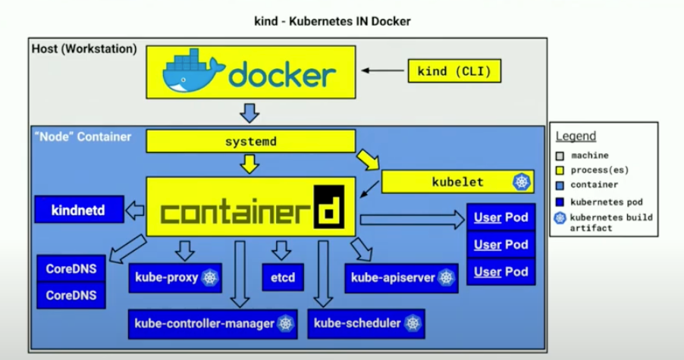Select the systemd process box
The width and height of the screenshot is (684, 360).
(x=250, y=142)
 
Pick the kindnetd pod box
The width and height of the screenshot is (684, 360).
(x=78, y=209)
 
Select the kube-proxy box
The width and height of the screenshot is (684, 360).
(x=175, y=278)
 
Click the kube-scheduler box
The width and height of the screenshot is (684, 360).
(x=366, y=324)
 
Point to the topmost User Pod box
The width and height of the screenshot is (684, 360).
(x=501, y=218)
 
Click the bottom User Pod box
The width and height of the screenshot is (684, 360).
(x=501, y=271)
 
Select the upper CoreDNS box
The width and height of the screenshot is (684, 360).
(x=71, y=268)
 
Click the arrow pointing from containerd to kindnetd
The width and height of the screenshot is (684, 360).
(x=136, y=210)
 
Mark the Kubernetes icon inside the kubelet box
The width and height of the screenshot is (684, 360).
(x=521, y=182)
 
